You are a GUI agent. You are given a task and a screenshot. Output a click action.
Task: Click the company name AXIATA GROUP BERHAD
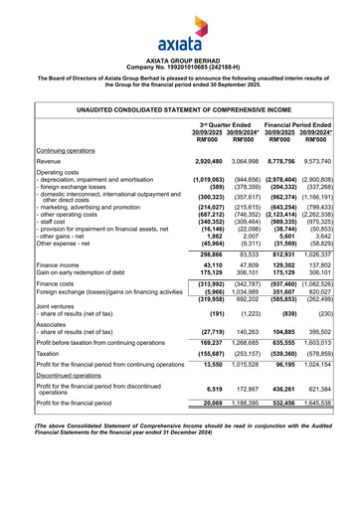click(x=179, y=61)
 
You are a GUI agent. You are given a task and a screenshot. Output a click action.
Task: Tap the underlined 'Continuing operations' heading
click(x=74, y=150)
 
